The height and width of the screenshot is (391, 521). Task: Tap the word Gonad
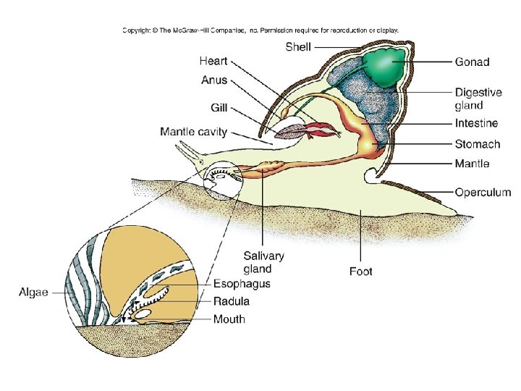click(x=472, y=62)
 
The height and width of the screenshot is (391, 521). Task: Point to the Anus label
click(x=213, y=81)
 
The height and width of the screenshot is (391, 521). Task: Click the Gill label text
click(x=219, y=108)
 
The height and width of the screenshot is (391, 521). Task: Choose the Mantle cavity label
click(x=193, y=132)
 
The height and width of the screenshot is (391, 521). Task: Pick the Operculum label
click(x=483, y=193)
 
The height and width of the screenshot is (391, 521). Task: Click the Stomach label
click(x=477, y=144)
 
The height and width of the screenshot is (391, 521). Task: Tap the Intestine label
click(x=476, y=124)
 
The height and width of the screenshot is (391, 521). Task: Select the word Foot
click(x=360, y=272)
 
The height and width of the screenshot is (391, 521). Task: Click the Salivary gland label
click(x=263, y=262)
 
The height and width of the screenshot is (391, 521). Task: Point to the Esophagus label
click(x=242, y=283)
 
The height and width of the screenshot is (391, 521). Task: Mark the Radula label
click(x=232, y=301)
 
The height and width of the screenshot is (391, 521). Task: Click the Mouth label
click(x=229, y=319)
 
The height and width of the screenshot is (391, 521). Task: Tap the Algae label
click(x=33, y=292)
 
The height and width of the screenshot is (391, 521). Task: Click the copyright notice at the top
click(x=260, y=30)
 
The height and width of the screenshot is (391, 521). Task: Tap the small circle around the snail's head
click(x=221, y=180)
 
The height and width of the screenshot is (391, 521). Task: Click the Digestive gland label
click(x=478, y=98)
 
